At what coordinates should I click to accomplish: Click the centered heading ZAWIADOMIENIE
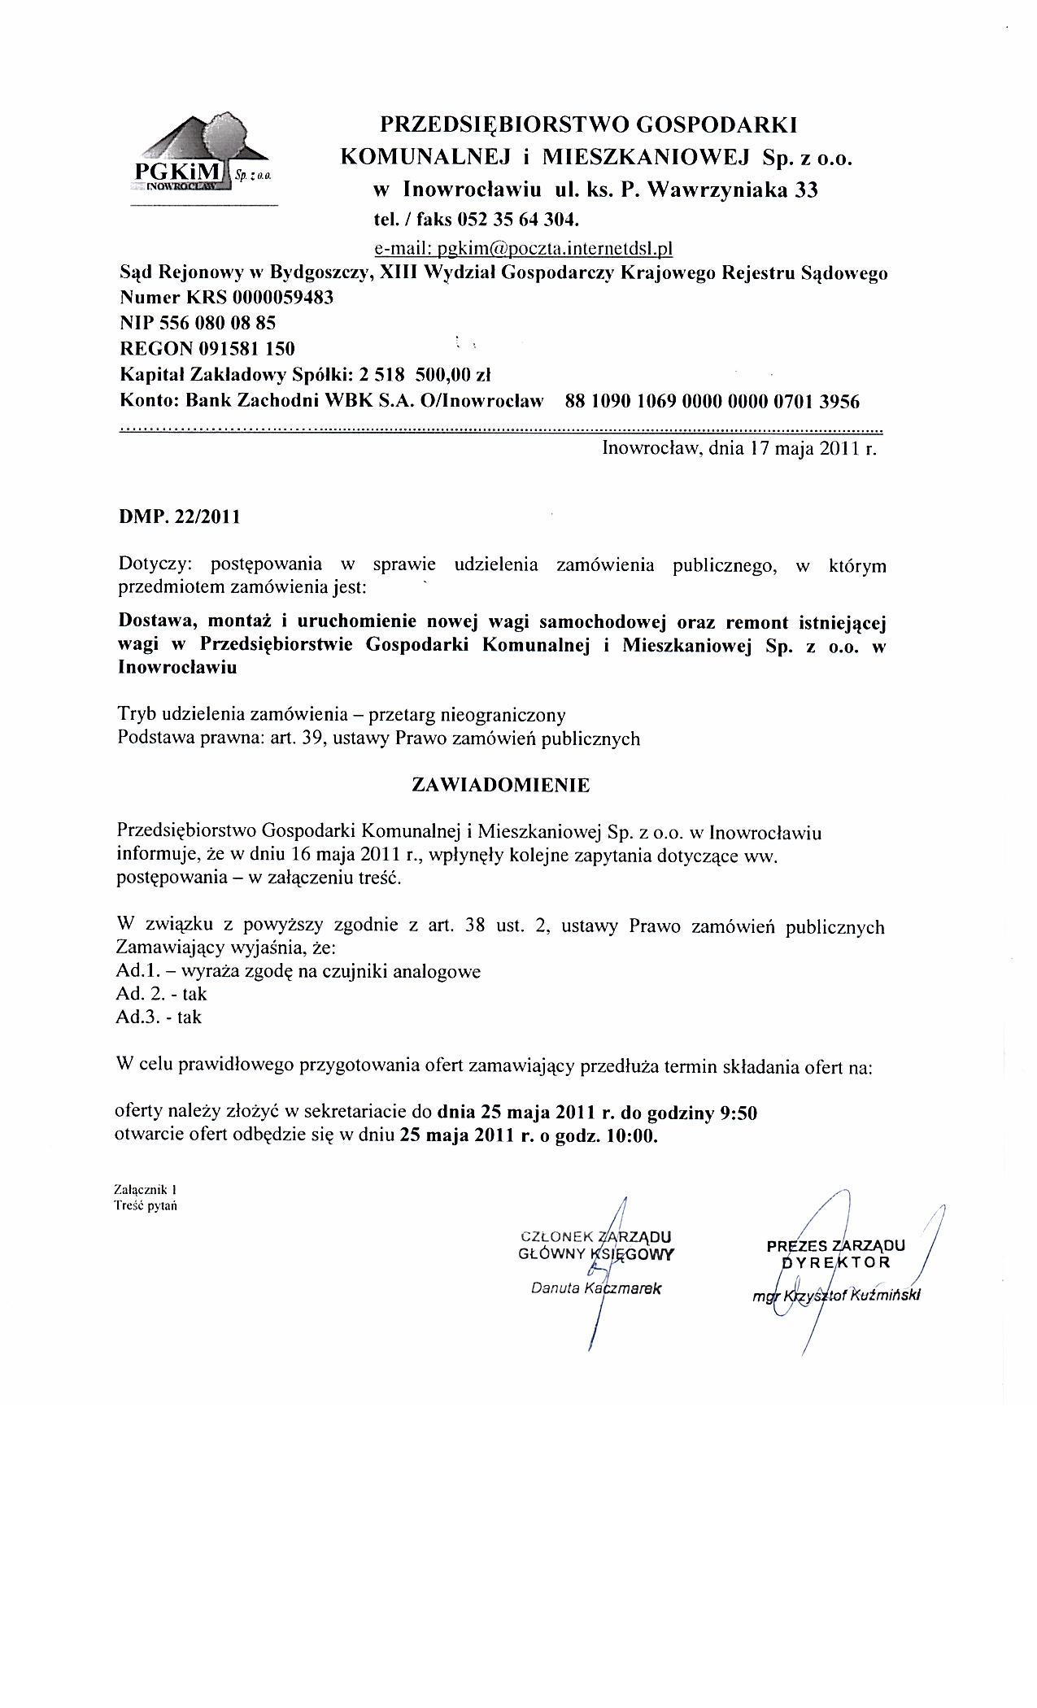click(501, 785)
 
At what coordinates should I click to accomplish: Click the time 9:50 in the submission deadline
click(738, 1113)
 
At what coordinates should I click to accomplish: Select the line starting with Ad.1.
click(298, 971)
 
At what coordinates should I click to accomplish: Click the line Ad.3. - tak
click(159, 1017)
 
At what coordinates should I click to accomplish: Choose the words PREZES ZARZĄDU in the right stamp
click(835, 1245)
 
